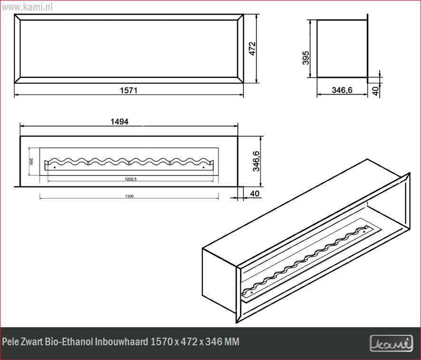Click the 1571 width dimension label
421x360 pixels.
(128, 90)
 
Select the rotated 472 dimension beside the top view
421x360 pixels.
(252, 49)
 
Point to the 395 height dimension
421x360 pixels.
(306, 58)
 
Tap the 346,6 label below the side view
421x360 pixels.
(342, 90)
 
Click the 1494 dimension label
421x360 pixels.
(119, 121)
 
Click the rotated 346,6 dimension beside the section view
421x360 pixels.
(256, 161)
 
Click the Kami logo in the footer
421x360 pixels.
(391, 343)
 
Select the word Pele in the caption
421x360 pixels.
(10, 342)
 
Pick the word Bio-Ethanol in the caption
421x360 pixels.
(71, 342)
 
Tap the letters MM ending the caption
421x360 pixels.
(232, 342)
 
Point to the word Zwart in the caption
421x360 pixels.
(32, 342)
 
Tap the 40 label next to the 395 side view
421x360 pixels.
(376, 90)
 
